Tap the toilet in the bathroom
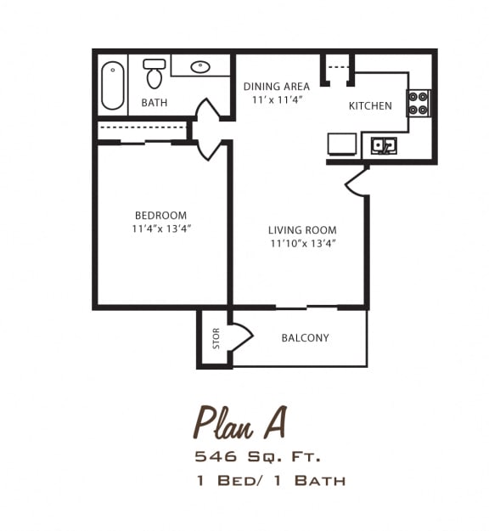(x=154, y=75)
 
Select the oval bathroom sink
(x=200, y=67)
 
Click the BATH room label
(x=155, y=103)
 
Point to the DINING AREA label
(x=276, y=87)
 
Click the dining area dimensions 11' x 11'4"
(x=278, y=100)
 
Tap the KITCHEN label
(x=370, y=106)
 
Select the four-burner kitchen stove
(x=417, y=103)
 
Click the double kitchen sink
(x=384, y=146)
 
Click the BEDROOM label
(x=160, y=216)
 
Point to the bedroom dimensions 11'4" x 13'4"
(x=160, y=229)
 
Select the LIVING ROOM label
(x=302, y=230)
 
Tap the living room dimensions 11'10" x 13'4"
(x=303, y=244)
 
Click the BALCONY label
(x=305, y=338)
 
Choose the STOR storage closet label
(x=216, y=339)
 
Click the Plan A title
(x=240, y=421)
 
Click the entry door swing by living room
(x=357, y=181)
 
